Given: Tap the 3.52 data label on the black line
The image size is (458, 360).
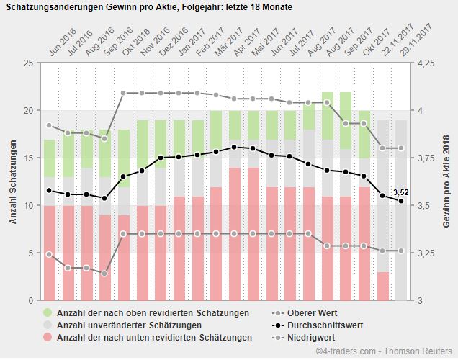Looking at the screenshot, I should (401, 192).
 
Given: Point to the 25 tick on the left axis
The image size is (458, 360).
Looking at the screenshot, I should (28, 63).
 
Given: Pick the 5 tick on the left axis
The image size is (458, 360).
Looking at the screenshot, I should (30, 253).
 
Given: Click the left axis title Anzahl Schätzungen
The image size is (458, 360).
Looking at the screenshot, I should (13, 182).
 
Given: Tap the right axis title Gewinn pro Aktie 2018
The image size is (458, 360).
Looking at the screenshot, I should (446, 182).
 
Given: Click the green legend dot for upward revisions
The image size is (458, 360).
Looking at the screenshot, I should (48, 313).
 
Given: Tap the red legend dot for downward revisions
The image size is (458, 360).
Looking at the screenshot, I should (48, 337).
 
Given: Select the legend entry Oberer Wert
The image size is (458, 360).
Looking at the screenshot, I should (312, 313).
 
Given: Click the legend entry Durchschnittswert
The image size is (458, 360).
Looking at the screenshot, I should (323, 325).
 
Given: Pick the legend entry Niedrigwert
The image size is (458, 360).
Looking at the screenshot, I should (310, 337).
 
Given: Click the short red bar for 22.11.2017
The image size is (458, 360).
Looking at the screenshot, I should (382, 286).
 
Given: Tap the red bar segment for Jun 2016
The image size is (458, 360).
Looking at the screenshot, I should (49, 253).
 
